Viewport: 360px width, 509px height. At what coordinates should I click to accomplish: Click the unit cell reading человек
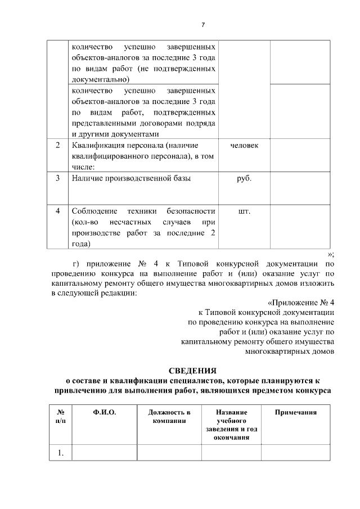245,146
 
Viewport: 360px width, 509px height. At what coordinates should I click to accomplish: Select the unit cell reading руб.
245,178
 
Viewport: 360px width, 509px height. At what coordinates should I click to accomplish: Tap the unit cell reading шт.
245,211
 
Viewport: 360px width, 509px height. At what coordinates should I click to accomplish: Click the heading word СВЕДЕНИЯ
192,371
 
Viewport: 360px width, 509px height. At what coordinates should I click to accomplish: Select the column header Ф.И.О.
105,413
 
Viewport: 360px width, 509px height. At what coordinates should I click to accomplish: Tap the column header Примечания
295,413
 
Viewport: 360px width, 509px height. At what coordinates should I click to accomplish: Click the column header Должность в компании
169,417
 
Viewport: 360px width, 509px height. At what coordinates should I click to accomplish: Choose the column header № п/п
60,417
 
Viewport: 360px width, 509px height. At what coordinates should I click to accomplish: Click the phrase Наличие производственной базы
131,178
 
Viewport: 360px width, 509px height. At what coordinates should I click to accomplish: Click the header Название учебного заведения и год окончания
231,425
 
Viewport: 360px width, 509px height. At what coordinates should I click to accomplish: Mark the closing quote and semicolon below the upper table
331,255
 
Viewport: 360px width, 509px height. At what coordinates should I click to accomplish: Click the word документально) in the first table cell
101,79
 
